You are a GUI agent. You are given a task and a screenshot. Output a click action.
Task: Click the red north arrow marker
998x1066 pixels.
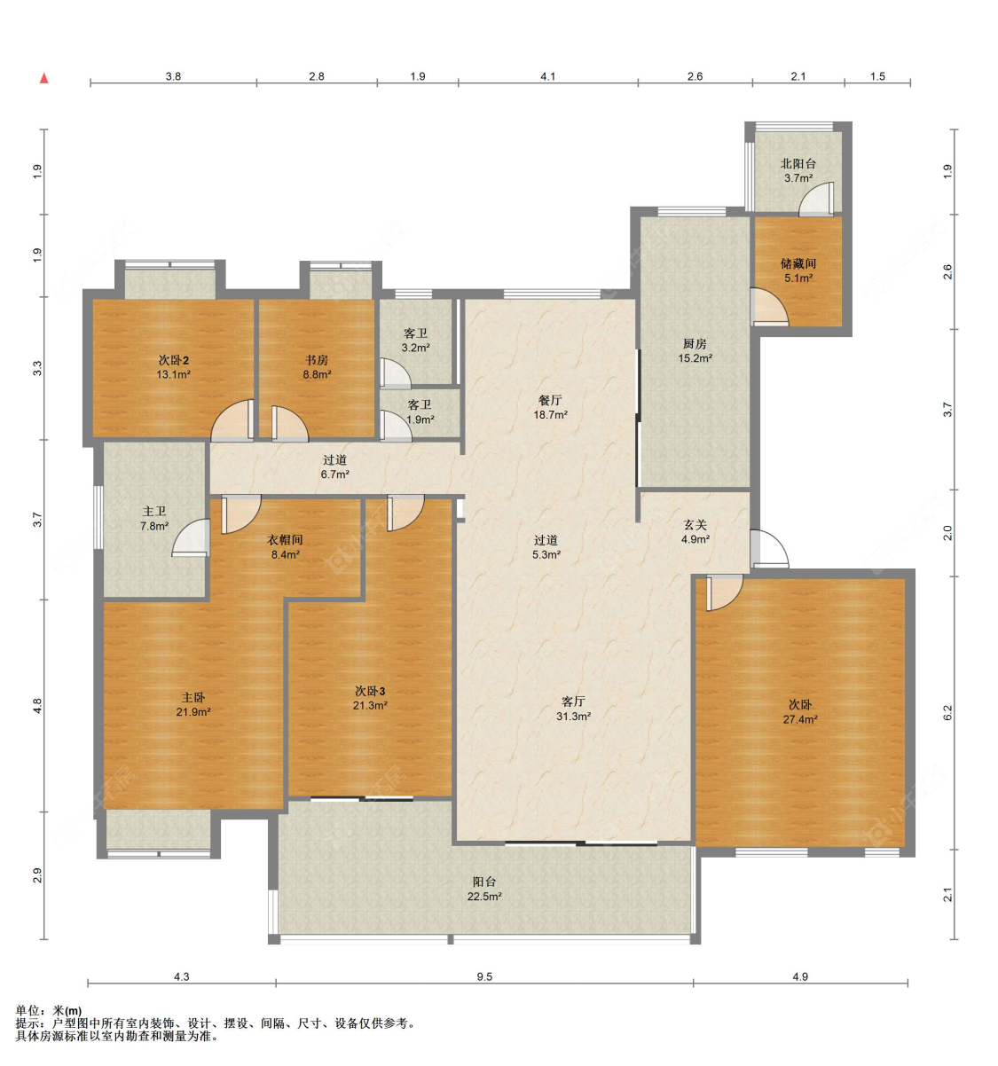pos(44,79)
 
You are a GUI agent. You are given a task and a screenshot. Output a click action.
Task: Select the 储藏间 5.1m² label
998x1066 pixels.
pos(798,270)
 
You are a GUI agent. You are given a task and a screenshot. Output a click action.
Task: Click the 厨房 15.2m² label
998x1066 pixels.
pos(695,350)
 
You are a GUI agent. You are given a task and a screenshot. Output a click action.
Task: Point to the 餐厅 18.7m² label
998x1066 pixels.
pos(551,407)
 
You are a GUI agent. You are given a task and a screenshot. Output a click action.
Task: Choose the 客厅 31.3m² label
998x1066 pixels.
pos(573,709)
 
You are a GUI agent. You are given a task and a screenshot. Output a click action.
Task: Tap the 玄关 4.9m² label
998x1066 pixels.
pos(695,531)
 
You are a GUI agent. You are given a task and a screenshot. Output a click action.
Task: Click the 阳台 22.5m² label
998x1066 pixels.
pos(484,889)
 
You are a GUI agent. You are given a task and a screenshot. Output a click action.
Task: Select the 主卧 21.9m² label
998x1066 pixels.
pos(193,705)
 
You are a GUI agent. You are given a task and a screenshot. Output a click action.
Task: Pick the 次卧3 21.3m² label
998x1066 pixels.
pos(370,698)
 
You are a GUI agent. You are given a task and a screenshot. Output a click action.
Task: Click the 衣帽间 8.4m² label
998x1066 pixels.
pos(285,547)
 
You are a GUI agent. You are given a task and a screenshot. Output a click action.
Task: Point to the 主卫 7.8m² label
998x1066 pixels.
pos(154,519)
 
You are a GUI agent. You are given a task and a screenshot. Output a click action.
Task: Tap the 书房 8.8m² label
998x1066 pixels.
pos(317,367)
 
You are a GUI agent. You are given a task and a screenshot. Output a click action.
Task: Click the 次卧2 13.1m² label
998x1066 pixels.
pos(173,367)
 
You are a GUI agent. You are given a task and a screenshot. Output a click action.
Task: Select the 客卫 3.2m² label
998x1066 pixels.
pos(415,341)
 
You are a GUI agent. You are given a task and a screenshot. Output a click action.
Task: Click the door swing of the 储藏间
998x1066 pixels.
pos(769,307)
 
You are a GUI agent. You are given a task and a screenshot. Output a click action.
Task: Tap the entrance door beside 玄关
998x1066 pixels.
pos(769,548)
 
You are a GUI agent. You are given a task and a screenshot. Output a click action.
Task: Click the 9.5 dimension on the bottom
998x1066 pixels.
pos(484,976)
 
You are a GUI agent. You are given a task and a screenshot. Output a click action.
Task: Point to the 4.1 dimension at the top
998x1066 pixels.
pos(547,76)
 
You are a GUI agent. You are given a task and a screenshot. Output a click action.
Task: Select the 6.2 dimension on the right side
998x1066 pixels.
pos(947,712)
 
